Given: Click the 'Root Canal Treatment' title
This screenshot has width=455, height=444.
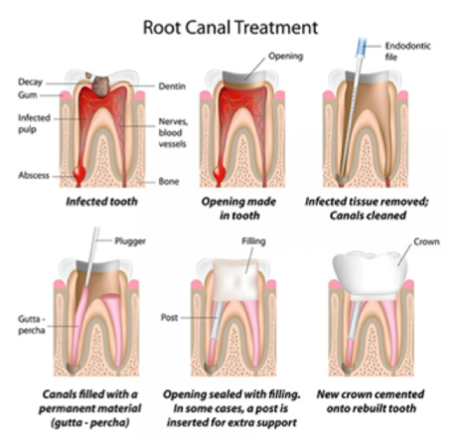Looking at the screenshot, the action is pyautogui.click(x=230, y=28).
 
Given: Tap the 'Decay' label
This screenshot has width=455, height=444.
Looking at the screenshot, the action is pyautogui.click(x=31, y=82).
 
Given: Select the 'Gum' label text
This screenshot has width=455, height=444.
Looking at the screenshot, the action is pyautogui.click(x=28, y=95).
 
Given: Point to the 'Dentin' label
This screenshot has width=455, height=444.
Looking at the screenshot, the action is pyautogui.click(x=172, y=86).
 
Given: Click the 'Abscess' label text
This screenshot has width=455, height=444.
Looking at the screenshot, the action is pyautogui.click(x=34, y=175).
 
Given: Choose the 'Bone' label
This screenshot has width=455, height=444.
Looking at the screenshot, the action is pyautogui.click(x=169, y=182).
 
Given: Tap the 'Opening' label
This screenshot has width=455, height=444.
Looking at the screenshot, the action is pyautogui.click(x=286, y=57).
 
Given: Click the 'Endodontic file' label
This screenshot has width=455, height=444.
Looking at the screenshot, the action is pyautogui.click(x=407, y=52).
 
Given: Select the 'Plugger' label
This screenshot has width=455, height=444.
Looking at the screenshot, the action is pyautogui.click(x=130, y=241).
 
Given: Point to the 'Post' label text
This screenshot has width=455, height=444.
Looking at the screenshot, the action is pyautogui.click(x=170, y=318).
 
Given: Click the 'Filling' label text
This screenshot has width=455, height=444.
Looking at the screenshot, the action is pyautogui.click(x=253, y=241).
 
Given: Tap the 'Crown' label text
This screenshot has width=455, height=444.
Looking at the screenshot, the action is pyautogui.click(x=427, y=242).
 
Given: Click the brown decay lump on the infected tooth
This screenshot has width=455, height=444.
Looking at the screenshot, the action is pyautogui.click(x=101, y=85).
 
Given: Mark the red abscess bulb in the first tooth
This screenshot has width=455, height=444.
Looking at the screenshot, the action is pyautogui.click(x=79, y=173).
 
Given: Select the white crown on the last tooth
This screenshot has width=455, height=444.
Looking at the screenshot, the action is pyautogui.click(x=371, y=273).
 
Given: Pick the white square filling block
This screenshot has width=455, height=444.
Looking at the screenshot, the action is pyautogui.click(x=235, y=280).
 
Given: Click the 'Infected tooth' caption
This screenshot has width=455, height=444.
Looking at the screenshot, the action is pyautogui.click(x=101, y=202).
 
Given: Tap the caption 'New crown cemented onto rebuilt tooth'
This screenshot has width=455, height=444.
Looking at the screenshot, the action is pyautogui.click(x=371, y=401).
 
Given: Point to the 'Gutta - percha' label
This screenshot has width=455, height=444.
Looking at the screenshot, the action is pyautogui.click(x=32, y=325).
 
